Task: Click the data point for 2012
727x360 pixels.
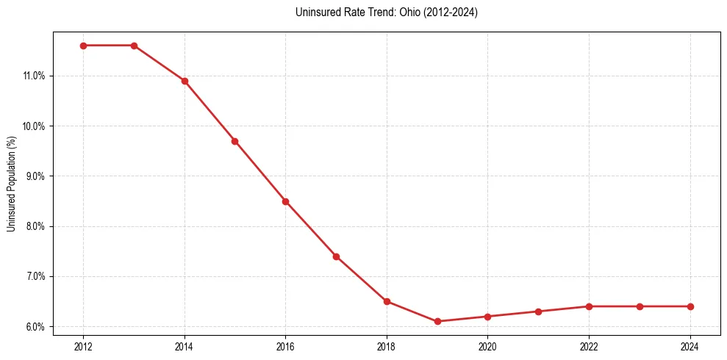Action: pos(83,46)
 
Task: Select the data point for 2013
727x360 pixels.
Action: pos(134,46)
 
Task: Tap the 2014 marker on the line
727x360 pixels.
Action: pos(185,81)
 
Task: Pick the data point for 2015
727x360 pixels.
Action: pos(234,141)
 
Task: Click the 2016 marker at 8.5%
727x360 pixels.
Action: pos(285,201)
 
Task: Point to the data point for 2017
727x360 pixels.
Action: pos(336,256)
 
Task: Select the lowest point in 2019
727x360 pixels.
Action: pos(437,321)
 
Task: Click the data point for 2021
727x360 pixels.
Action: pos(538,312)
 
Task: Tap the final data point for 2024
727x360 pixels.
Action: pos(690,306)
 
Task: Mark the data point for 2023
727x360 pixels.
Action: pos(640,306)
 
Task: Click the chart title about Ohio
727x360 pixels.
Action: pos(386,12)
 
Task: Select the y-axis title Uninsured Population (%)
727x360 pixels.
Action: pos(12,184)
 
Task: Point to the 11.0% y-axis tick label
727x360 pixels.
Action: pos(35,76)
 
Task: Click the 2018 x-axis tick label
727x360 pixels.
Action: pos(387,346)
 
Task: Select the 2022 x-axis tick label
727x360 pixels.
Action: pos(589,346)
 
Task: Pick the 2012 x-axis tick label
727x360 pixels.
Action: pos(83,346)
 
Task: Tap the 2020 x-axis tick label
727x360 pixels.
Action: pos(487,346)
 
